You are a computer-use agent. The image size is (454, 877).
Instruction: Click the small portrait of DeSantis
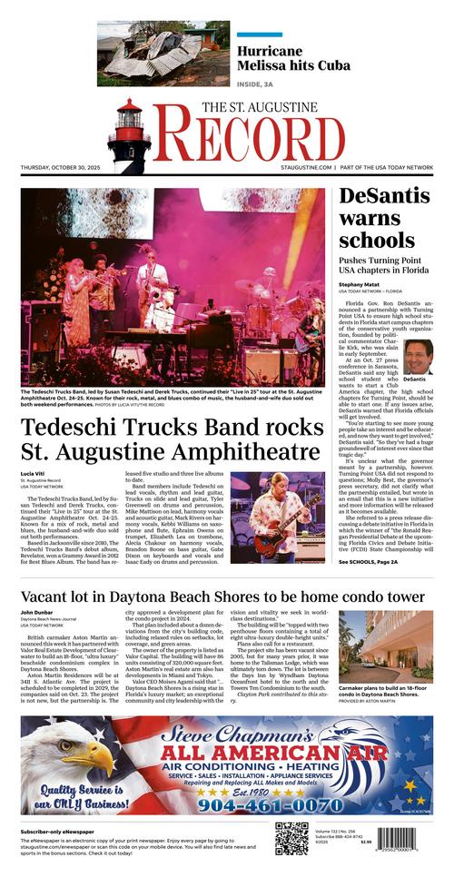pos(418,357)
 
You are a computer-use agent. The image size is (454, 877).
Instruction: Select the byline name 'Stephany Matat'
pos(360,284)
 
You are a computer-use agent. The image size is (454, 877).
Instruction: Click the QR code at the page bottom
pos(291,838)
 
